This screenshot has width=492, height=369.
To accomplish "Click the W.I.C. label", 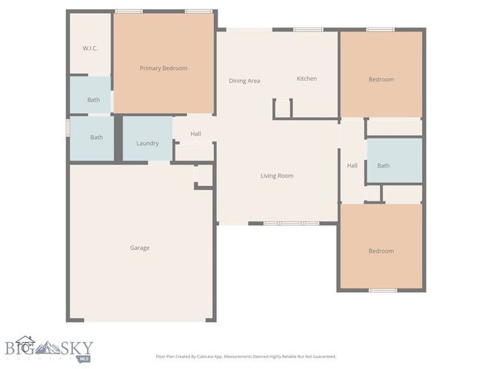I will pyautogui.click(x=90, y=48).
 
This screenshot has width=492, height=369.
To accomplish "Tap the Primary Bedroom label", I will pyautogui.click(x=163, y=68).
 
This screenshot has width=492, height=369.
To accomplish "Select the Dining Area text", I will pyautogui.click(x=244, y=81).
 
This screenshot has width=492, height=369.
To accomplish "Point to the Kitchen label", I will pyautogui.click(x=307, y=78).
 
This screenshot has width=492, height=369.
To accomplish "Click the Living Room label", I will pyautogui.click(x=277, y=176).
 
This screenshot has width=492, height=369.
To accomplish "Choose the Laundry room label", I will pyautogui.click(x=148, y=144).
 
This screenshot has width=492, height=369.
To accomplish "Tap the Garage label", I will pyautogui.click(x=139, y=248).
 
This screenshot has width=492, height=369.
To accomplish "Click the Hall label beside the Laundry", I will pyautogui.click(x=196, y=134).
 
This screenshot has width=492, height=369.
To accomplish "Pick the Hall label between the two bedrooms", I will pyautogui.click(x=352, y=165).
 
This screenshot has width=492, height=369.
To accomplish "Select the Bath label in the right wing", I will pyautogui.click(x=383, y=165).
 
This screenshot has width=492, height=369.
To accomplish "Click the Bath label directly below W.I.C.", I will pyautogui.click(x=93, y=100).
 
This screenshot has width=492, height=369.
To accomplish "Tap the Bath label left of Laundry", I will pyautogui.click(x=96, y=138).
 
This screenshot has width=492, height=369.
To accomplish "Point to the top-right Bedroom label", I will pyautogui.click(x=381, y=79).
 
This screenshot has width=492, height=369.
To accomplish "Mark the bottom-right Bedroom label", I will pyautogui.click(x=381, y=251).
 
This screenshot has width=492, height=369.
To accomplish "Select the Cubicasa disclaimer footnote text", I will pyautogui.click(x=246, y=356).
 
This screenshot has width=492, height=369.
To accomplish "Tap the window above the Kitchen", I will pyautogui.click(x=307, y=30).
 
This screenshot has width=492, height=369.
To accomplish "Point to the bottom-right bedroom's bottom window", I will pyautogui.click(x=383, y=290).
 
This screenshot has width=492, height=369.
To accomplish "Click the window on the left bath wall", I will pyautogui.click(x=68, y=126).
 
